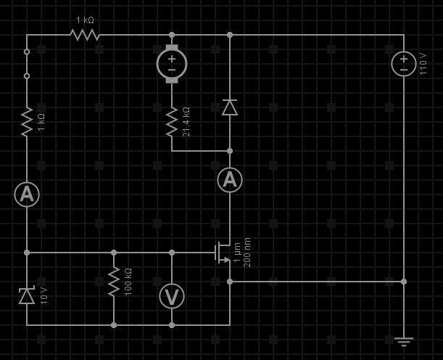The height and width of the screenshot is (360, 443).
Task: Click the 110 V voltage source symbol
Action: tap(404, 64)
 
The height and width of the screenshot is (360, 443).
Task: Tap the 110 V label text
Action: tap(423, 64)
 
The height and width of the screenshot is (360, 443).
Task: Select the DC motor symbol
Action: tap(172, 64)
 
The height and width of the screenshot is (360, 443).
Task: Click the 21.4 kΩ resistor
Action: tap(172, 122)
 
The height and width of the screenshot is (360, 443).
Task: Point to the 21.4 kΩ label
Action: tap(186, 122)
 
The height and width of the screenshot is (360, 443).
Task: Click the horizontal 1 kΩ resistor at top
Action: tap(85, 35)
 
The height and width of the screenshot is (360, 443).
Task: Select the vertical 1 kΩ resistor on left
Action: tap(27, 121)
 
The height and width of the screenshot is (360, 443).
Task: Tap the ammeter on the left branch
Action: tap(27, 194)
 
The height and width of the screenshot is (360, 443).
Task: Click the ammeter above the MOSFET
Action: tap(230, 180)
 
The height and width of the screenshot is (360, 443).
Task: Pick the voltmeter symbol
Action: tap(172, 296)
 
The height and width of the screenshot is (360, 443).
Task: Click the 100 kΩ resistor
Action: tap(114, 281)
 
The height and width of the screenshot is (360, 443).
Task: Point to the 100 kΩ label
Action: tap(128, 281)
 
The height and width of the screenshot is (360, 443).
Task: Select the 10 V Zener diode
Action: tap(27, 295)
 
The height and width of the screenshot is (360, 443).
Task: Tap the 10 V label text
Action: tap(44, 295)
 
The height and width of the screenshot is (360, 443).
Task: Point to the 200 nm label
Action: tap(247, 253)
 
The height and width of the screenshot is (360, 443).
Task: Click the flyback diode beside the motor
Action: tap(230, 107)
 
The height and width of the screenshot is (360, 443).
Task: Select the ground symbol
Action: tap(404, 340)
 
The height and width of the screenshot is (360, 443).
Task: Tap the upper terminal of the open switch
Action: tap(27, 52)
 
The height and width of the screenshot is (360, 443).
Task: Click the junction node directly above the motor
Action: tap(172, 35)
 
